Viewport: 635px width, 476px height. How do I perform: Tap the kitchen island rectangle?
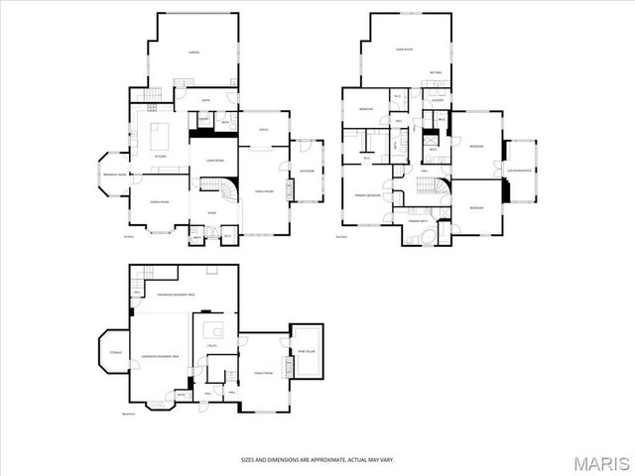tap(159, 134)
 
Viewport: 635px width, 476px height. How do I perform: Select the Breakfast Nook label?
tap(115, 175)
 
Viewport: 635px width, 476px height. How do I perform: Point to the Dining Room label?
tap(159, 202)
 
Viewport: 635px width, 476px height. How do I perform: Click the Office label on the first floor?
tap(264, 129)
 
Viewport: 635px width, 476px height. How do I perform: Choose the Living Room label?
tap(214, 161)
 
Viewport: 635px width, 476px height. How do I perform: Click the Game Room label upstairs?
tap(404, 49)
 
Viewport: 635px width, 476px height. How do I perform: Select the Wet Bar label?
tap(436, 72)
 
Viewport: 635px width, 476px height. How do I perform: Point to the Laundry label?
tap(438, 101)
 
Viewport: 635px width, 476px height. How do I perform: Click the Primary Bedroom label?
tap(367, 195)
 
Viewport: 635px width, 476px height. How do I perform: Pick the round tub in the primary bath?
tap(427, 237)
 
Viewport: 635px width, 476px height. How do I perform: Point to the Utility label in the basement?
tap(211, 346)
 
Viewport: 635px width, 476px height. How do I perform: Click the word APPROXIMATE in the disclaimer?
tap(317, 459)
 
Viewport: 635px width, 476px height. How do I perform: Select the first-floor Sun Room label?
tap(308, 171)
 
